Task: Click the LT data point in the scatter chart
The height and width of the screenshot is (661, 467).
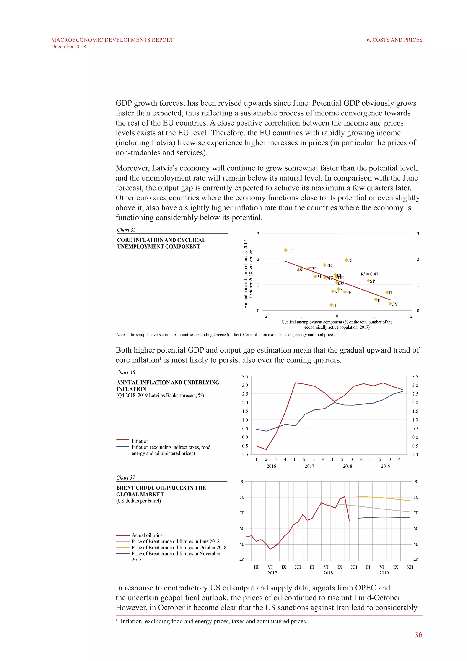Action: [x=285, y=250]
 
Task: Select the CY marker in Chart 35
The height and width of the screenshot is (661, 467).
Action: [x=390, y=304]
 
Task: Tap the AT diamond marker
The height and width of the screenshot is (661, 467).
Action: [x=347, y=260]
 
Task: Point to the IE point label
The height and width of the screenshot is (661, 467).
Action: [x=335, y=305]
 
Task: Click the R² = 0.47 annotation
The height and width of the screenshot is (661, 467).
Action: [x=369, y=274]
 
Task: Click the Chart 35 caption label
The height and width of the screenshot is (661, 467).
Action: [x=126, y=230]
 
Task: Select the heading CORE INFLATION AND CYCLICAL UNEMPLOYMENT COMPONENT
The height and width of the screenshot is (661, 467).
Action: [x=161, y=243]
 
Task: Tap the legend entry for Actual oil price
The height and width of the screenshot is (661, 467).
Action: [x=147, y=535]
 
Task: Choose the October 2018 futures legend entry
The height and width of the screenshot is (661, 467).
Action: [x=179, y=547]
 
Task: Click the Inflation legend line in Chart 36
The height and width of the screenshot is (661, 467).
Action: [x=123, y=440]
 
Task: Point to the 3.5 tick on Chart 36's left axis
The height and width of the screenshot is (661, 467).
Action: [x=245, y=377]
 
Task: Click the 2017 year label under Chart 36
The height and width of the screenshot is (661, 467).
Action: [x=309, y=466]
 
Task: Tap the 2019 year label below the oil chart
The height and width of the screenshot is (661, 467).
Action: [x=384, y=573]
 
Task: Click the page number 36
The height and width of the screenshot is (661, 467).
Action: [x=418, y=635]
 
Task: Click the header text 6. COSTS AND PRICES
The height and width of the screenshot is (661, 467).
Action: [x=394, y=40]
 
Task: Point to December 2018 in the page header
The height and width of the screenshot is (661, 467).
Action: [x=68, y=47]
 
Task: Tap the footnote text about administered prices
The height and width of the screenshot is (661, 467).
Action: [x=214, y=621]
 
